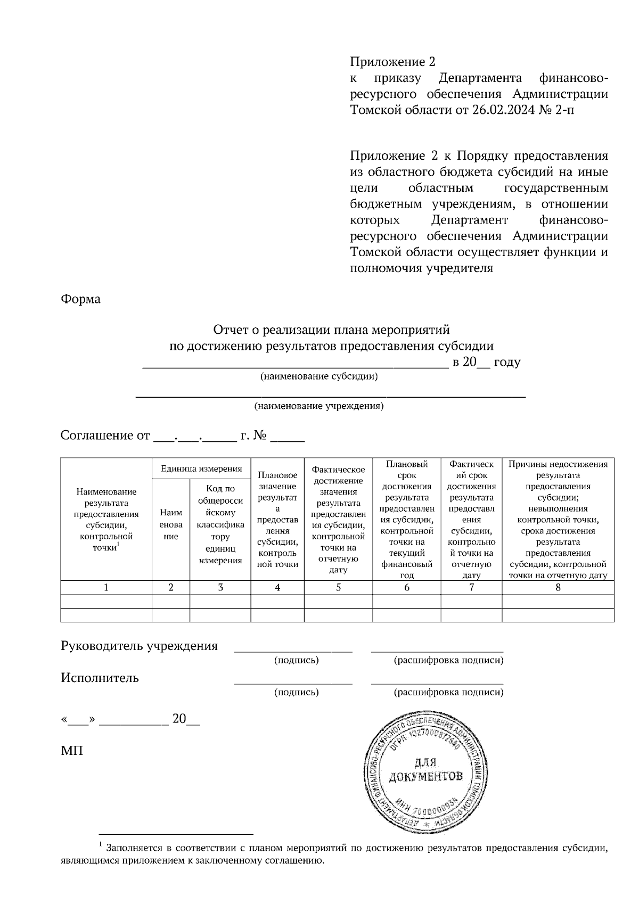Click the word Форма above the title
tap(80, 299)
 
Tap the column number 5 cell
tap(338, 587)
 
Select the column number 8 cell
tap(558, 587)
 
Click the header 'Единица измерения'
tap(201, 469)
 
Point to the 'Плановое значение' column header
tap(277, 519)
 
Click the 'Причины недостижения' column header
tap(558, 519)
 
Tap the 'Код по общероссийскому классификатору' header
tap(220, 524)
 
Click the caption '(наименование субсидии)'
tap(319, 377)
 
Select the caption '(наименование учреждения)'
tap(319, 406)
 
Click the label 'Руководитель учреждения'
tap(139, 646)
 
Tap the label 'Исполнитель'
tap(100, 678)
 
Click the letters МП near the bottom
tap(72, 751)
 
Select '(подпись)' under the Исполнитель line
tap(296, 692)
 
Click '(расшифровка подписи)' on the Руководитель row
tap(448, 660)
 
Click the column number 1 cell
tap(106, 587)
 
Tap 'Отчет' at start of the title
tap(231, 330)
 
